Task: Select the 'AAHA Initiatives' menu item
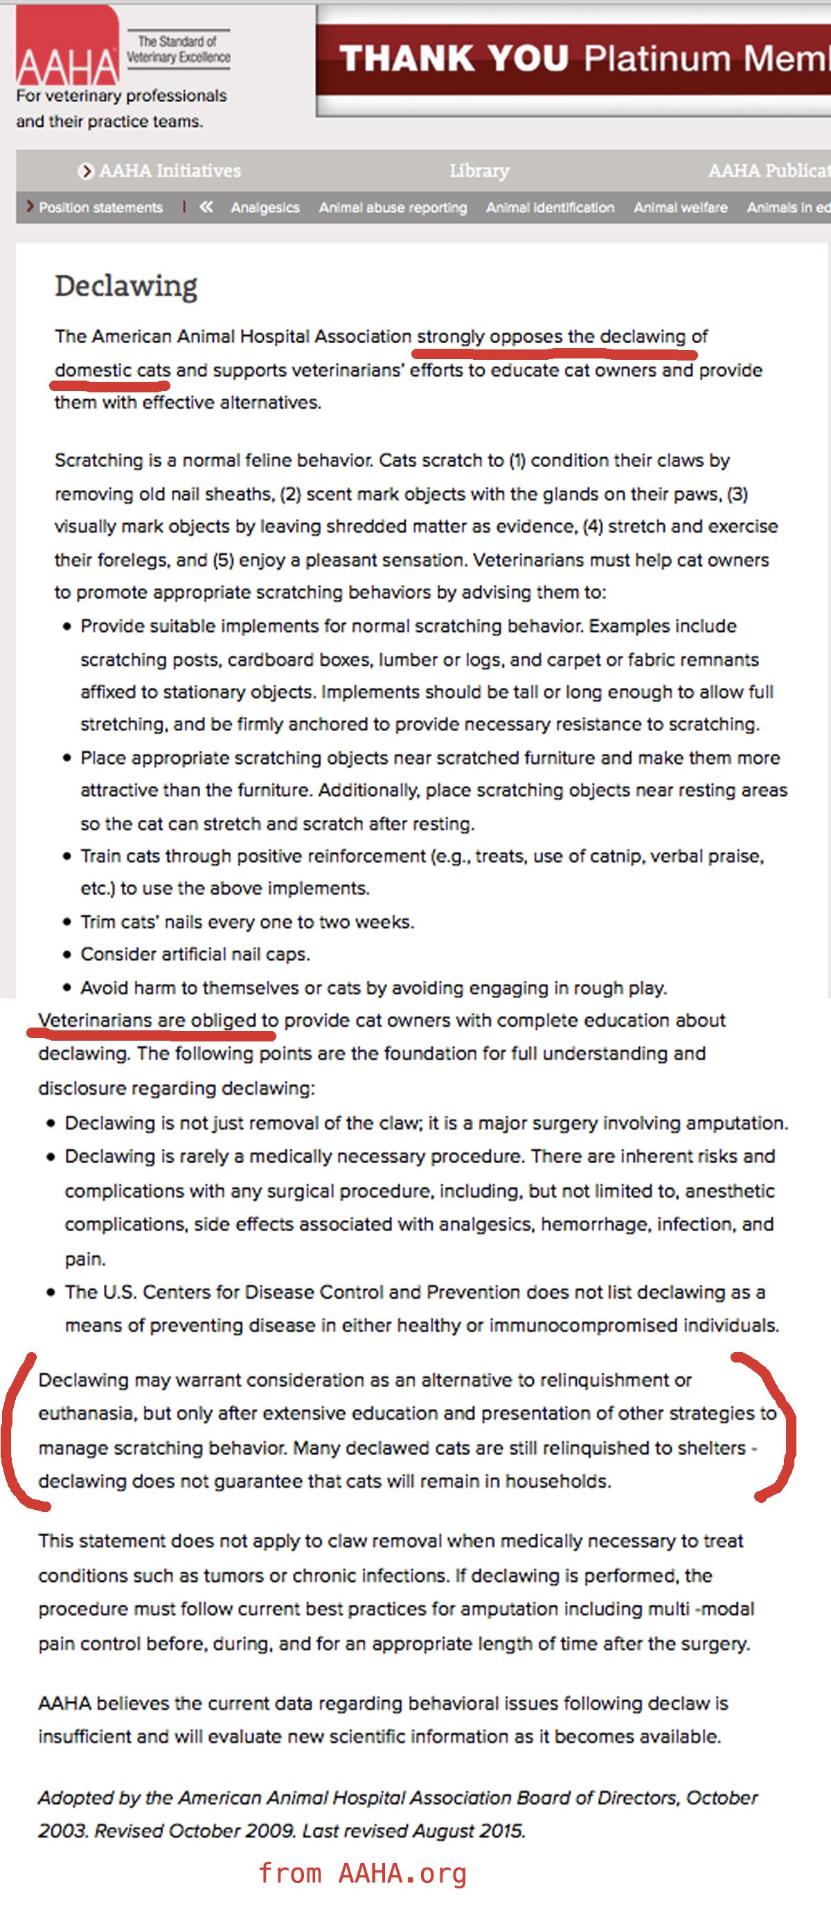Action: click(170, 171)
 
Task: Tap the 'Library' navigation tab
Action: click(479, 171)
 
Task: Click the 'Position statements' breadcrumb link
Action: click(100, 208)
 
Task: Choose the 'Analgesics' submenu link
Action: click(265, 208)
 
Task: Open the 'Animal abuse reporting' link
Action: click(393, 208)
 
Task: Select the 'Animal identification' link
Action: click(550, 208)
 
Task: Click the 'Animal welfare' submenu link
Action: click(680, 208)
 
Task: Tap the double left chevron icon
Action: click(206, 207)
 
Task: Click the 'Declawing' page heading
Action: click(126, 286)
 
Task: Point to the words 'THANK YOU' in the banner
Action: click(454, 57)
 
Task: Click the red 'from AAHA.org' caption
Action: click(363, 1873)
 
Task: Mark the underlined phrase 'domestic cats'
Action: click(111, 370)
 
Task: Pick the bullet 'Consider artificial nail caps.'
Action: click(195, 954)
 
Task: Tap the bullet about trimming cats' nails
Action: click(247, 922)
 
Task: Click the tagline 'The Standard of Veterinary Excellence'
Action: click(177, 50)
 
